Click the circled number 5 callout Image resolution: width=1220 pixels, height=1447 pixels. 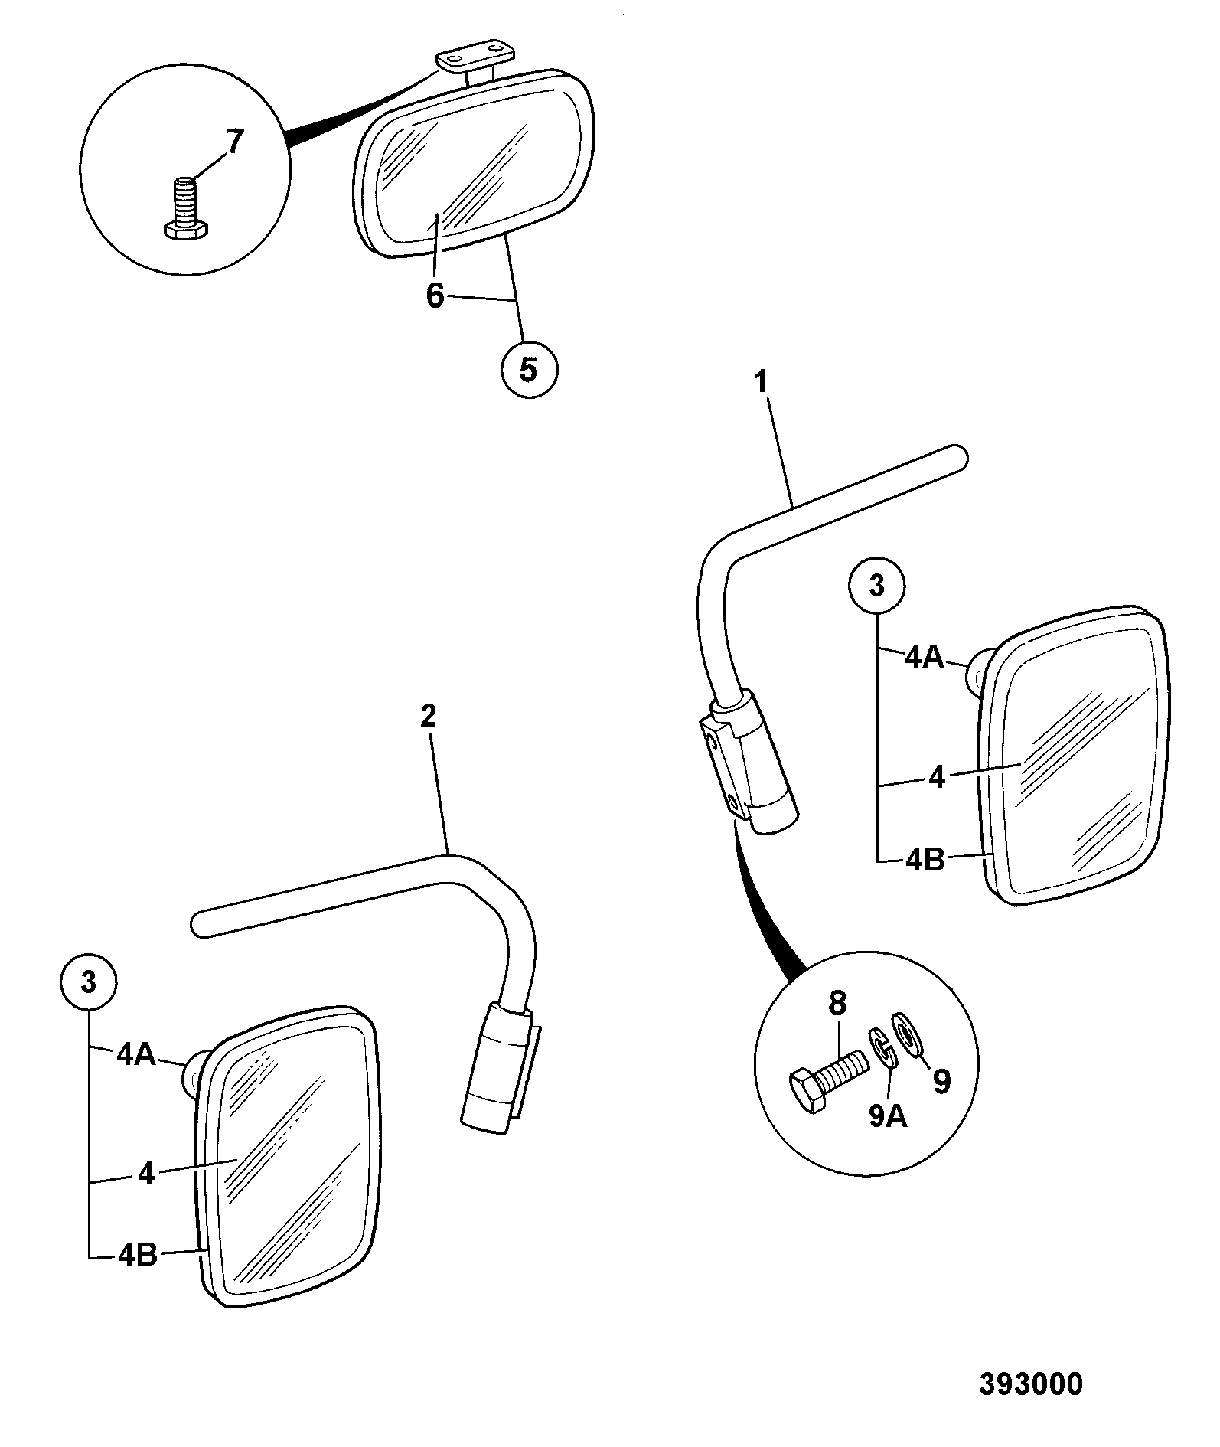(529, 370)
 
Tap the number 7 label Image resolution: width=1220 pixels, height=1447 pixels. (233, 142)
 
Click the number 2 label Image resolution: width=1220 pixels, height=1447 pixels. (429, 716)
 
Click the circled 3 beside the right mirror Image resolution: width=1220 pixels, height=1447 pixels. (877, 586)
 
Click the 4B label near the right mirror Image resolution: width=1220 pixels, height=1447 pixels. (925, 860)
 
